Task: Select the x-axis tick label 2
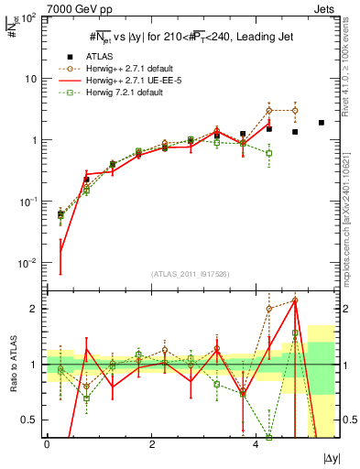[151, 444]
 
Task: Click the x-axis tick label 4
[256, 444]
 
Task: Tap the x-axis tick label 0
[47, 444]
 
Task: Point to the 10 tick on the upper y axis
[31, 79]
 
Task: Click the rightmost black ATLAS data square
[321, 123]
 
